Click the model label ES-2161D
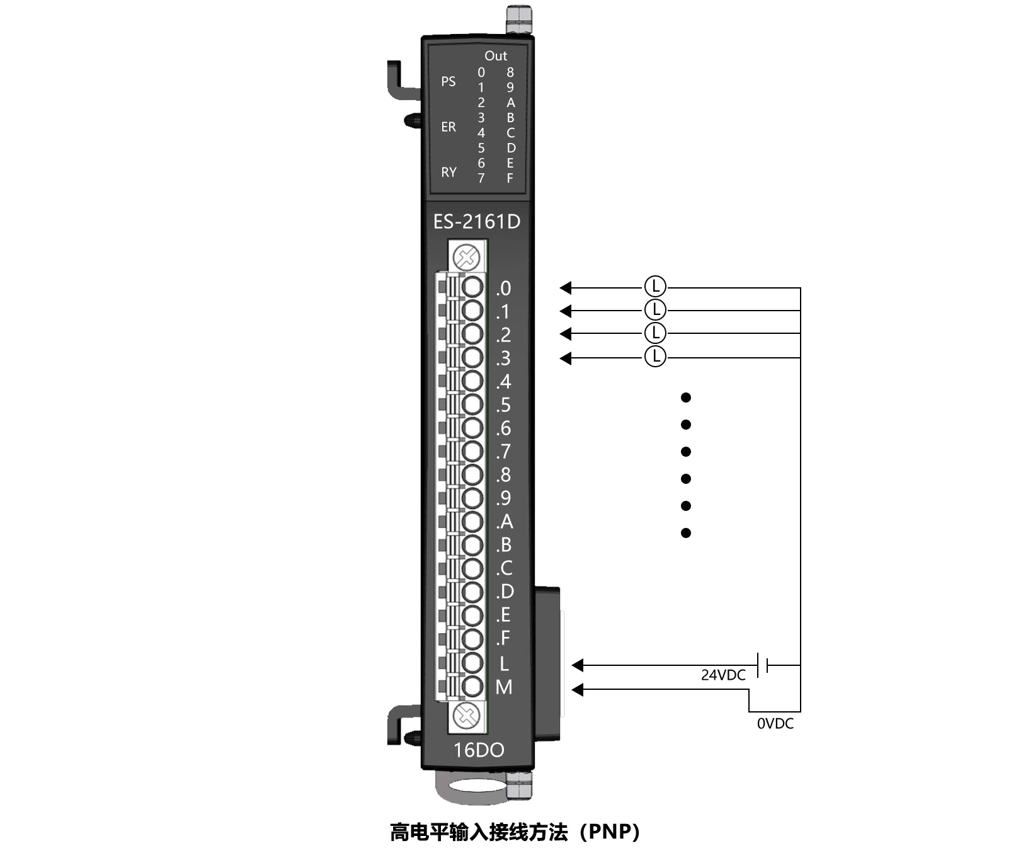coord(477,222)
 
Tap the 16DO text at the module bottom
coord(479,750)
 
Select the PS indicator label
coord(448,82)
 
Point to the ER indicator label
coord(448,127)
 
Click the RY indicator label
coord(448,173)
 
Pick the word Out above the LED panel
coord(496,56)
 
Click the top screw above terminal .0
coord(467,257)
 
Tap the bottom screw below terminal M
coord(467,716)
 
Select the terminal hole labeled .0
coord(472,287)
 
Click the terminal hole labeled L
coord(472,663)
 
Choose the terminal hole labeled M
coord(472,686)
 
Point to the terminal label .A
coord(505,522)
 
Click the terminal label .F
coord(503,639)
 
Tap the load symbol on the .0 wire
coord(655,287)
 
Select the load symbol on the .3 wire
coord(655,357)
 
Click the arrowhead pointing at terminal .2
coord(566,334)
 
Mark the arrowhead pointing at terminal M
coord(578,690)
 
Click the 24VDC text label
coord(723,675)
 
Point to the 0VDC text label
coord(775,724)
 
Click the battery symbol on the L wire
coord(763,665)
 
